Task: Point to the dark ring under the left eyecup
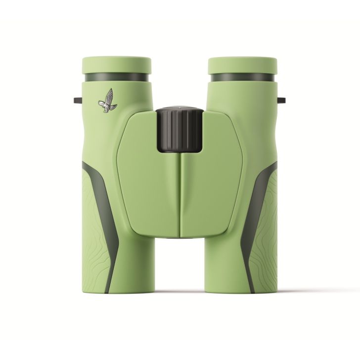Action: point(116,78)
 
